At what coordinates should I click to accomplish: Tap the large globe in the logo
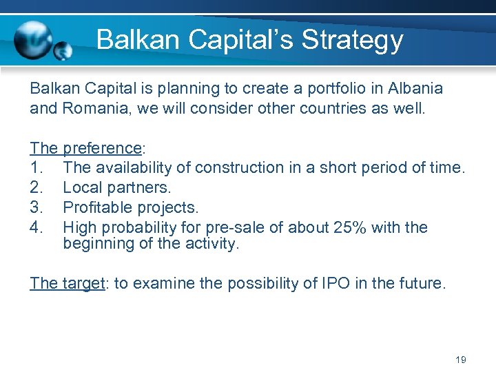[x=33, y=40]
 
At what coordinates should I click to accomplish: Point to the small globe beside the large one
[x=63, y=51]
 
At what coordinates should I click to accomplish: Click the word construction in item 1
[x=234, y=167]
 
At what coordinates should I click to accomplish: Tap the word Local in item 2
[x=81, y=187]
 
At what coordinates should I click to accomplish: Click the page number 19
[x=461, y=360]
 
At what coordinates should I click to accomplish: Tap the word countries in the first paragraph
[x=338, y=108]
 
